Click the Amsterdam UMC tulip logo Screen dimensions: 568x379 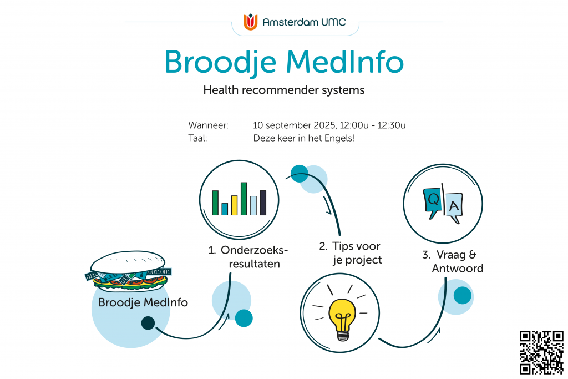click(250, 22)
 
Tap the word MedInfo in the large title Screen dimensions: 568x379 click(345, 62)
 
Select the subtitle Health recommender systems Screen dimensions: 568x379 click(283, 90)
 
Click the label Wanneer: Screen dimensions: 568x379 click(209, 125)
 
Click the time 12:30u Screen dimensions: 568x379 click(392, 125)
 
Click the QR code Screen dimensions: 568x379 click(541, 352)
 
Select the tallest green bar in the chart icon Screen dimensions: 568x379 click(244, 199)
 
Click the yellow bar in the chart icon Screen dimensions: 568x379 click(235, 205)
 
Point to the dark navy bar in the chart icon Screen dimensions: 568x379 click(263, 203)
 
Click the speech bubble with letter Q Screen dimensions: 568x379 click(433, 202)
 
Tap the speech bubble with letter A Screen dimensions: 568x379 click(454, 207)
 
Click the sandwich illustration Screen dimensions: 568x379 click(128, 271)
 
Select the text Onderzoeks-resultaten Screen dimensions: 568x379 click(248, 257)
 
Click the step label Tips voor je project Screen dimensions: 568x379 click(351, 253)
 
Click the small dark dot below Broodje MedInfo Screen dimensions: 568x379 click(148, 323)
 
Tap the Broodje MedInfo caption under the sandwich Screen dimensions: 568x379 click(143, 302)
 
